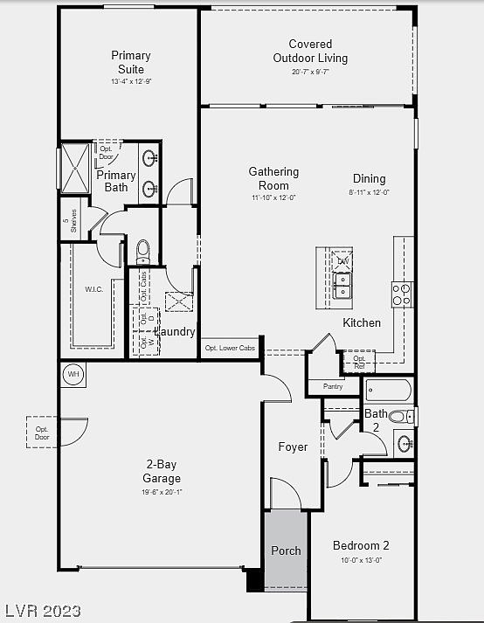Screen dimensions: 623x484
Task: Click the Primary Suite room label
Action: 130,63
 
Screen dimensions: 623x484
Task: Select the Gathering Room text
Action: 273,178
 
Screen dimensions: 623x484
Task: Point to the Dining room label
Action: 370,179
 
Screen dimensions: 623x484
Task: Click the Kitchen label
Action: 362,322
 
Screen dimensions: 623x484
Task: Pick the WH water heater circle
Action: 73,375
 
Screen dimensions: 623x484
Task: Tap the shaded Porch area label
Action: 286,550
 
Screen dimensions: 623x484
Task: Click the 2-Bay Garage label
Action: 162,472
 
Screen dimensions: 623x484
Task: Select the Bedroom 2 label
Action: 361,545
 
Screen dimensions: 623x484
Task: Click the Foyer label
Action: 293,446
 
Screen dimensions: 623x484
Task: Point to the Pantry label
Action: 333,385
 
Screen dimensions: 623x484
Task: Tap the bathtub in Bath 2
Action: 389,390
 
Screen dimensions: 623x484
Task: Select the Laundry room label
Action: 175,332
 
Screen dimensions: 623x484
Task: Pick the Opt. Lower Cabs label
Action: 231,348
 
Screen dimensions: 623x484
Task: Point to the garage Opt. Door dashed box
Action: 41,432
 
